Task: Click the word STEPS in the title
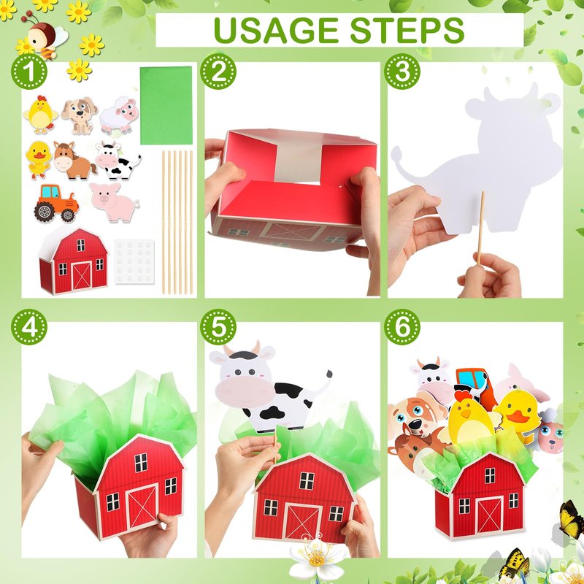pyautogui.click(x=407, y=30)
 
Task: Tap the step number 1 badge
pyautogui.click(x=29, y=71)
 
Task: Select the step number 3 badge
pyautogui.click(x=402, y=71)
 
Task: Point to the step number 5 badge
pyautogui.click(x=218, y=327)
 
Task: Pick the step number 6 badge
pyautogui.click(x=402, y=327)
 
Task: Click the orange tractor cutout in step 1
pyautogui.click(x=56, y=204)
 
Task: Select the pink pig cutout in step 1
pyautogui.click(x=114, y=202)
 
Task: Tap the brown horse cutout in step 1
pyautogui.click(x=74, y=160)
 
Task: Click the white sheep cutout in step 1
pyautogui.click(x=119, y=115)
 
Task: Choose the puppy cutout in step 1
pyautogui.click(x=80, y=115)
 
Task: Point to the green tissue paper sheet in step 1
pyautogui.click(x=166, y=105)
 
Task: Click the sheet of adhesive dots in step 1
pyautogui.click(x=134, y=262)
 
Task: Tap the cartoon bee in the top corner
pyautogui.click(x=45, y=39)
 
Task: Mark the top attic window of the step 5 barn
pyautogui.click(x=307, y=480)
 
